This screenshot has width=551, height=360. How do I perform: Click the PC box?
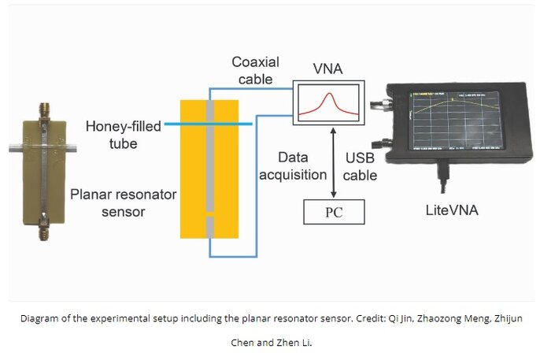[335, 211]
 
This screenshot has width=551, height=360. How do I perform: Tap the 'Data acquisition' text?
[295, 166]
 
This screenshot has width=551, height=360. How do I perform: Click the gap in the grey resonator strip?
[209, 213]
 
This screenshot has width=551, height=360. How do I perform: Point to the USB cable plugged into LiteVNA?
[446, 183]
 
